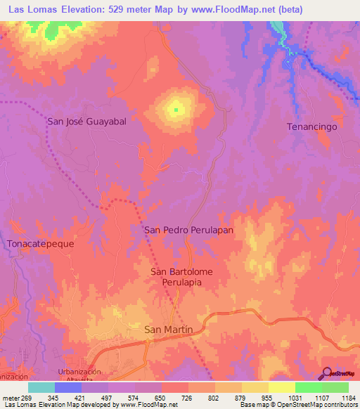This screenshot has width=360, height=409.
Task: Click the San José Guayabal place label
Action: click(86, 121)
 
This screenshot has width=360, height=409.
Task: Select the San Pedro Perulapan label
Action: click(188, 230)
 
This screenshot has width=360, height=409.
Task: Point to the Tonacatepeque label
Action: click(40, 243)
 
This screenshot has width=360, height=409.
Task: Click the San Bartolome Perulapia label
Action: click(181, 276)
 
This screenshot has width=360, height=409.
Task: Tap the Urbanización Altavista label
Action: click(79, 375)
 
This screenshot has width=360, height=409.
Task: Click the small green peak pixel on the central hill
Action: click(176, 109)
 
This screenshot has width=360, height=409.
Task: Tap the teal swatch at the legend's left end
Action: click(41, 387)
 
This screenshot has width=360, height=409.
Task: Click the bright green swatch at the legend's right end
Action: click(335, 387)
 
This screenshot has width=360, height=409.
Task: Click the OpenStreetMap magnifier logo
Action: click(326, 372)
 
